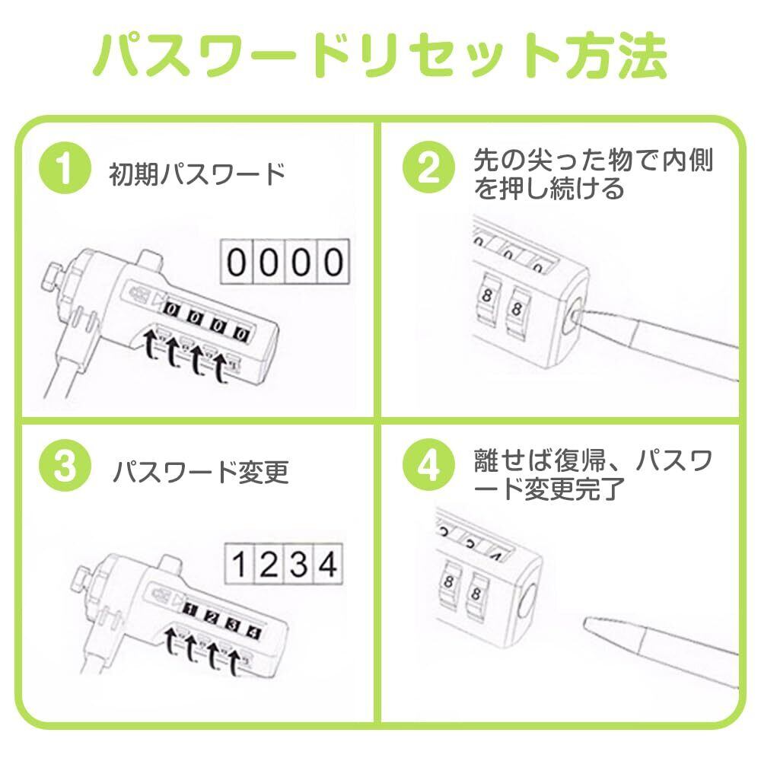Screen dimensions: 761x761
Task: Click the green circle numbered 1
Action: [65, 168]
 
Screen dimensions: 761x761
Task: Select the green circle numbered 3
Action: [65, 466]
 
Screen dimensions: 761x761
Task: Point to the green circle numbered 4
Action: [428, 466]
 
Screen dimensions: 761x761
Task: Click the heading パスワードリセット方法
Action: [380, 55]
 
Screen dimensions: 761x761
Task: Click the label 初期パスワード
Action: [197, 174]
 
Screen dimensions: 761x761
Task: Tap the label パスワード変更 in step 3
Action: [201, 472]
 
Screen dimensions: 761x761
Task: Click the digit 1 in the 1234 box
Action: [239, 564]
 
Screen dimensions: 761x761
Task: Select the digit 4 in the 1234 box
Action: [328, 564]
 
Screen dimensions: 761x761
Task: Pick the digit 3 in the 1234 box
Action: [299, 564]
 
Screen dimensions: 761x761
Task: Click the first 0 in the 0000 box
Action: [237, 262]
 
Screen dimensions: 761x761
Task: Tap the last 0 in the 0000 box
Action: [333, 262]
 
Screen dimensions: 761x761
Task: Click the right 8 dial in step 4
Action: [476, 593]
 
